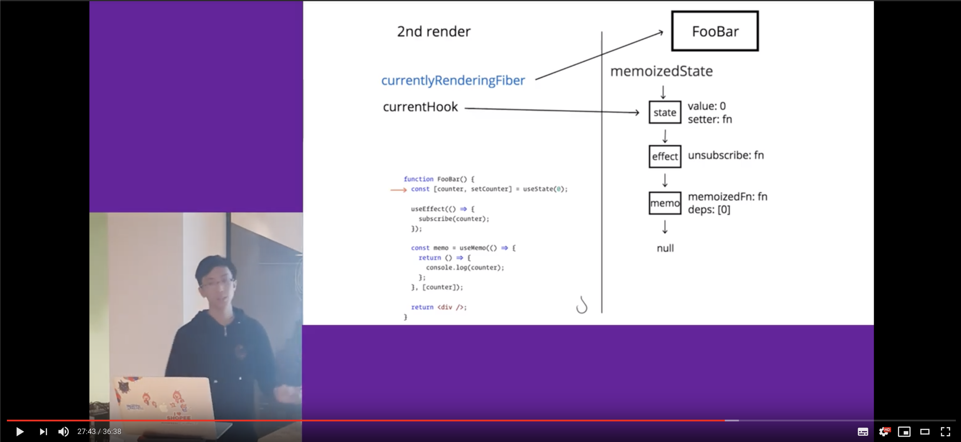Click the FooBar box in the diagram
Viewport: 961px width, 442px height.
pos(715,31)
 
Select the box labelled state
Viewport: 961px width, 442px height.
pos(665,113)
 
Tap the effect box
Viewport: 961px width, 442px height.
pos(665,156)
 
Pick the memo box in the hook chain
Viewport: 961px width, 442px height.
pos(665,203)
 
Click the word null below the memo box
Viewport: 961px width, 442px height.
pos(665,248)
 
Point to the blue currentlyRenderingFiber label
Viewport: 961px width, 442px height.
pos(453,80)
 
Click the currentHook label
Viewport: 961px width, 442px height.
pos(420,107)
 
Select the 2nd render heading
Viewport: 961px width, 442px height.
pos(434,31)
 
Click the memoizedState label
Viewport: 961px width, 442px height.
pos(661,71)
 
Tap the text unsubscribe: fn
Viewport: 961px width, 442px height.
pos(725,155)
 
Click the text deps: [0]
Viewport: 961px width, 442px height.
pos(709,210)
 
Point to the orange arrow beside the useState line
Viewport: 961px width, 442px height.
pos(398,190)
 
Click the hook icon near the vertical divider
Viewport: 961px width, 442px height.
pos(582,305)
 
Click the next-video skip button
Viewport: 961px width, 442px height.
pos(43,432)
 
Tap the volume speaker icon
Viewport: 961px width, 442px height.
pos(63,432)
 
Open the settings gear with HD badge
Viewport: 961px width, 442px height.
pos(884,432)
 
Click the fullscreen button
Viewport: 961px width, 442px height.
pos(945,432)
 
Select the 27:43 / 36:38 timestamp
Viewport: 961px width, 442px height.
pos(99,432)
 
